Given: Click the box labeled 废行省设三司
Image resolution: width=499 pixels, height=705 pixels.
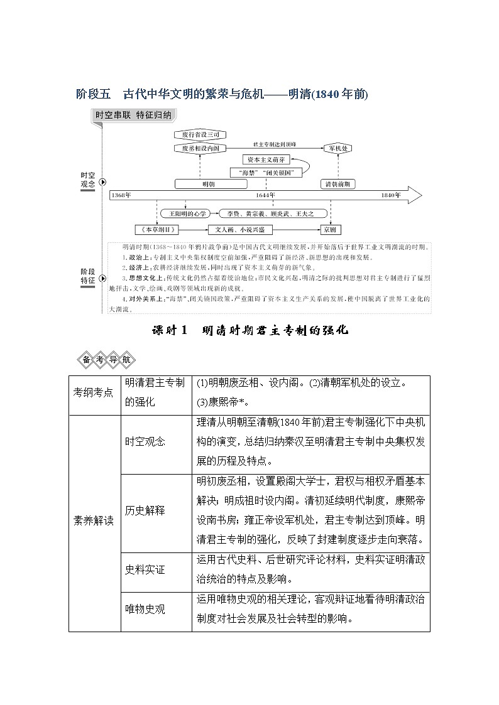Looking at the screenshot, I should [200, 135].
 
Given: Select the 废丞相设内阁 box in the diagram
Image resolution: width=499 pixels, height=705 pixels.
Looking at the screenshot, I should [200, 148].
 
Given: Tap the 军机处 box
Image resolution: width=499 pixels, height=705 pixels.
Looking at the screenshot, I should [339, 148].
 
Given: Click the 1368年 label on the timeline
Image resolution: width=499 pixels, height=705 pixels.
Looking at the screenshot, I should [121, 195].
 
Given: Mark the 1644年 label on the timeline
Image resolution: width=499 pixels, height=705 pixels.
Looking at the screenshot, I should [265, 195].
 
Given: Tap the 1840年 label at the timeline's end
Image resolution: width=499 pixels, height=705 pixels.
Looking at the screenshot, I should [390, 195].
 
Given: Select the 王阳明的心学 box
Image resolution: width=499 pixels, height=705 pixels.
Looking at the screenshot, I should [185, 213].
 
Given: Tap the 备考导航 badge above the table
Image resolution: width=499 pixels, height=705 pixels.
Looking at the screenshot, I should [105, 360].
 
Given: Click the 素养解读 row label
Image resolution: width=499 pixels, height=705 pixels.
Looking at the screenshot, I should [94, 522].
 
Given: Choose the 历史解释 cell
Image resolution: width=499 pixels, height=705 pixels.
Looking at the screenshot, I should [145, 510].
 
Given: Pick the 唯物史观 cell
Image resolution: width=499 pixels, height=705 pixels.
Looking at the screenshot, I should [145, 610].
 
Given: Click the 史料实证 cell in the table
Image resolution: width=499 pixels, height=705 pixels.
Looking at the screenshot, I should [145, 570].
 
